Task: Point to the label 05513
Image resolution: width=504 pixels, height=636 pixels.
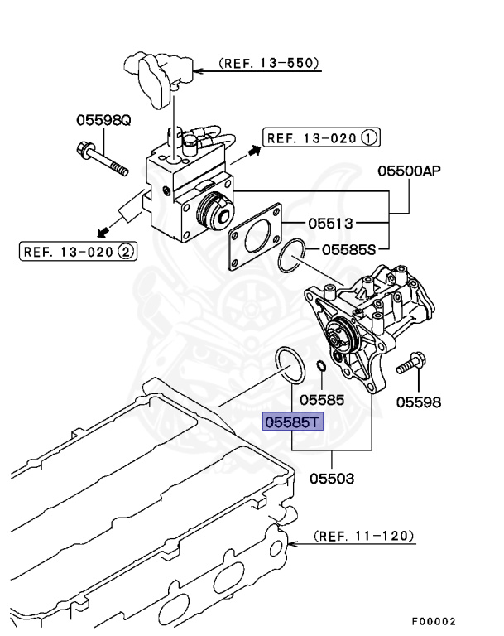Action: pos(331,223)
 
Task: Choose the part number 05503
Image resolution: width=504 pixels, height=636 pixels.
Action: pos(333,479)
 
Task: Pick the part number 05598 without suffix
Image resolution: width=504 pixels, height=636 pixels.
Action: pos(418,403)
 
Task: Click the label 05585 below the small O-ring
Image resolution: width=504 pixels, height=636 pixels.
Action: pos(321,399)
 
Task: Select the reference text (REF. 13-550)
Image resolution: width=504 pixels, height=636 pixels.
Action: pos(268,63)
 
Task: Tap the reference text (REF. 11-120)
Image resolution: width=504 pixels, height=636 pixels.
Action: pos(364,536)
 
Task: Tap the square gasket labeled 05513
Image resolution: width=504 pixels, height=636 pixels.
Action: pos(256,235)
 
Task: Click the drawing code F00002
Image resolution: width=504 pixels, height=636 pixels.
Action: pos(433,621)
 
